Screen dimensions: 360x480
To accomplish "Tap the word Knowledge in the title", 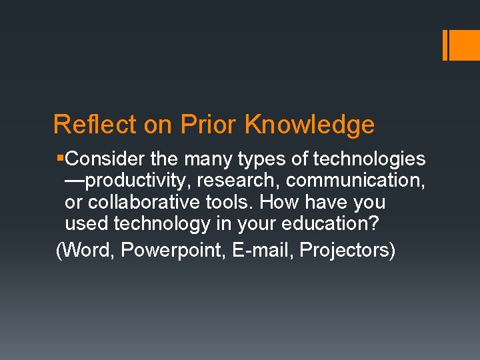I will (310, 125).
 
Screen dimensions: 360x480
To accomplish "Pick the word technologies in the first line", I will (369, 159).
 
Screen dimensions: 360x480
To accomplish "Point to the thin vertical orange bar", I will (445, 45).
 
